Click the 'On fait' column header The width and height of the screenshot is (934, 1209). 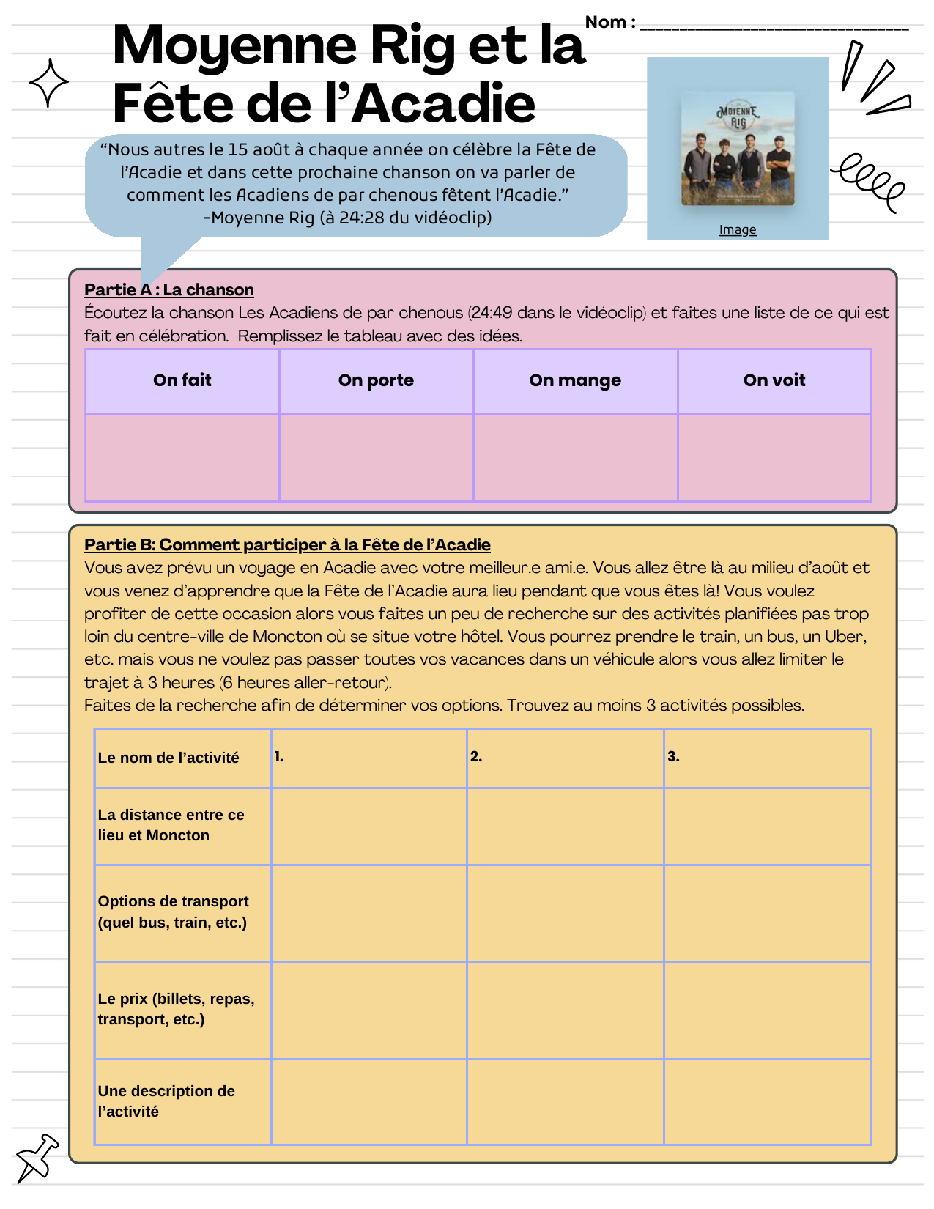pyautogui.click(x=182, y=380)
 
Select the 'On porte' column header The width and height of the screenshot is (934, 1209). pyautogui.click(x=376, y=380)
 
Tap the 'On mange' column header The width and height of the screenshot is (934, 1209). pyautogui.click(x=575, y=380)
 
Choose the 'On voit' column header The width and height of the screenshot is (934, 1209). pyautogui.click(x=774, y=380)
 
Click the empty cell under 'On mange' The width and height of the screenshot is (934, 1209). pyautogui.click(x=575, y=457)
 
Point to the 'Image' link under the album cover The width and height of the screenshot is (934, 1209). pyautogui.click(x=737, y=229)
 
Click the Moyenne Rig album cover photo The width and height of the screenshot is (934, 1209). pyautogui.click(x=738, y=148)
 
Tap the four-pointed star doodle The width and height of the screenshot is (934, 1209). pyautogui.click(x=49, y=83)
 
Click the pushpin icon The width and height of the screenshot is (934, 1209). pyautogui.click(x=37, y=1157)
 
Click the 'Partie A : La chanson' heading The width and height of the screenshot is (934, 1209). pyautogui.click(x=168, y=289)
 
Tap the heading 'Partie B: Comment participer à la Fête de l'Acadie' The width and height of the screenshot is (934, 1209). pyautogui.click(x=287, y=544)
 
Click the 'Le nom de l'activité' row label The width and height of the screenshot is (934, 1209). pyautogui.click(x=168, y=758)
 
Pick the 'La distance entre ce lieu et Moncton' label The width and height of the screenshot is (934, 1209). pyautogui.click(x=171, y=825)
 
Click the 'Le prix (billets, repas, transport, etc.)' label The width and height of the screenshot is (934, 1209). pyautogui.click(x=176, y=1009)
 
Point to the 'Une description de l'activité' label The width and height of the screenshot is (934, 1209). pyautogui.click(x=166, y=1101)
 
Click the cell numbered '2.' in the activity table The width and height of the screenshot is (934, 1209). pyautogui.click(x=564, y=758)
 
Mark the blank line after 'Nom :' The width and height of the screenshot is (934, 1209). pyautogui.click(x=774, y=26)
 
